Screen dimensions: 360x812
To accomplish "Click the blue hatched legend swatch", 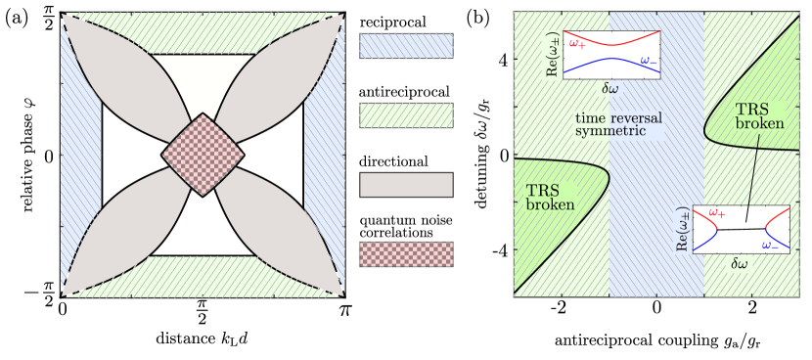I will pyautogui.click(x=406, y=46).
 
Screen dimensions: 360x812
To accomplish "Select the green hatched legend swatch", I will pyautogui.click(x=406, y=115).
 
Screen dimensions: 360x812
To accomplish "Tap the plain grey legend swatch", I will pyautogui.click(x=406, y=185).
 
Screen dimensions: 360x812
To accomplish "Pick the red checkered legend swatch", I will pyautogui.click(x=406, y=254).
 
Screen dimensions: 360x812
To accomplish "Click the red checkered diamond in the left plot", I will pyautogui.click(x=203, y=155).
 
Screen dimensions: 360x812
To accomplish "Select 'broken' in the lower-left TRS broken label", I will pyautogui.click(x=550, y=206).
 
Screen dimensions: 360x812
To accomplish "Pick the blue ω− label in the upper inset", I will pyautogui.click(x=648, y=61).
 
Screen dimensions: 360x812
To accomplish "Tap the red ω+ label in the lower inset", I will pyautogui.click(x=716, y=212).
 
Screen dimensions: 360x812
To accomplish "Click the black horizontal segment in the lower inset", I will pyautogui.click(x=744, y=229).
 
